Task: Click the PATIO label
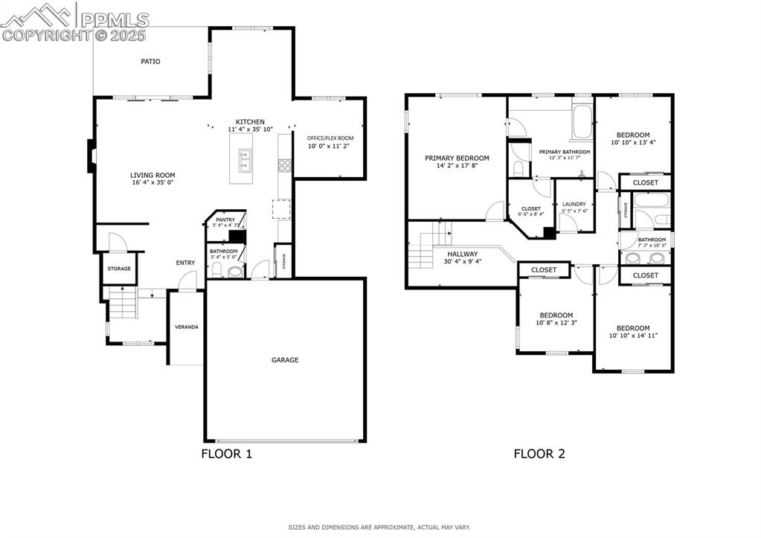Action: pyautogui.click(x=151, y=62)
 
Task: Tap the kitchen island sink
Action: pyautogui.click(x=245, y=160)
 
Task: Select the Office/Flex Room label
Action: pyautogui.click(x=330, y=138)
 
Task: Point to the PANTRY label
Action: pyautogui.click(x=225, y=220)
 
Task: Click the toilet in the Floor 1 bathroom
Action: pyautogui.click(x=236, y=272)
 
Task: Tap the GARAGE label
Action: pyautogui.click(x=285, y=360)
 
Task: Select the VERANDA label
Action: pyautogui.click(x=186, y=327)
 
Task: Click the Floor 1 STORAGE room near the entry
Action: pyautogui.click(x=119, y=269)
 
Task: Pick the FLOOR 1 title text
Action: pyautogui.click(x=227, y=454)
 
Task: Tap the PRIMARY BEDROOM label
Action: pyautogui.click(x=457, y=158)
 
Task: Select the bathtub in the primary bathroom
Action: pyautogui.click(x=581, y=124)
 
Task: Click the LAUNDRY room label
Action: pyautogui.click(x=574, y=204)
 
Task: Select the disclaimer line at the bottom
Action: pyautogui.click(x=379, y=527)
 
